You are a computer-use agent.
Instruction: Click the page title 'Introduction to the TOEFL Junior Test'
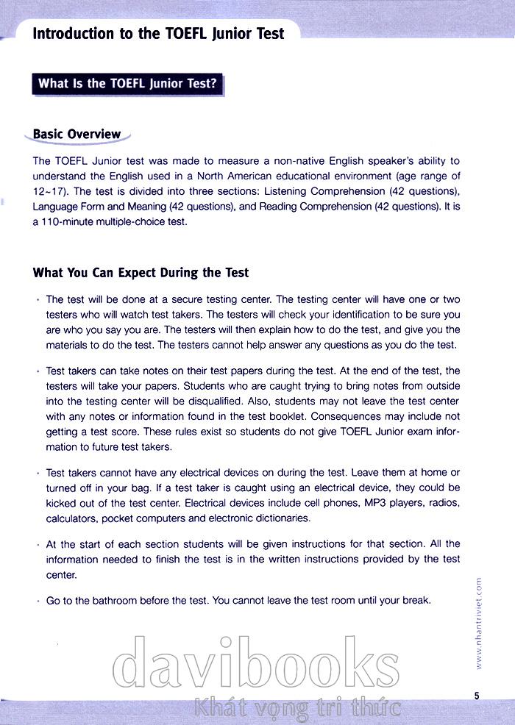(158, 34)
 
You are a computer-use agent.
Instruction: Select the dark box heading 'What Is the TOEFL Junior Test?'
(127, 83)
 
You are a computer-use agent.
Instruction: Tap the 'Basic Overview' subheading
(77, 134)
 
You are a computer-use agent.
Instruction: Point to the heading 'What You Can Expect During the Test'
(141, 272)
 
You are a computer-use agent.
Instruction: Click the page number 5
(477, 696)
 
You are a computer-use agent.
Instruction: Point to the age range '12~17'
(48, 190)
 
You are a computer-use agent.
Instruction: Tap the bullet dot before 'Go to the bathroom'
(37, 601)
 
